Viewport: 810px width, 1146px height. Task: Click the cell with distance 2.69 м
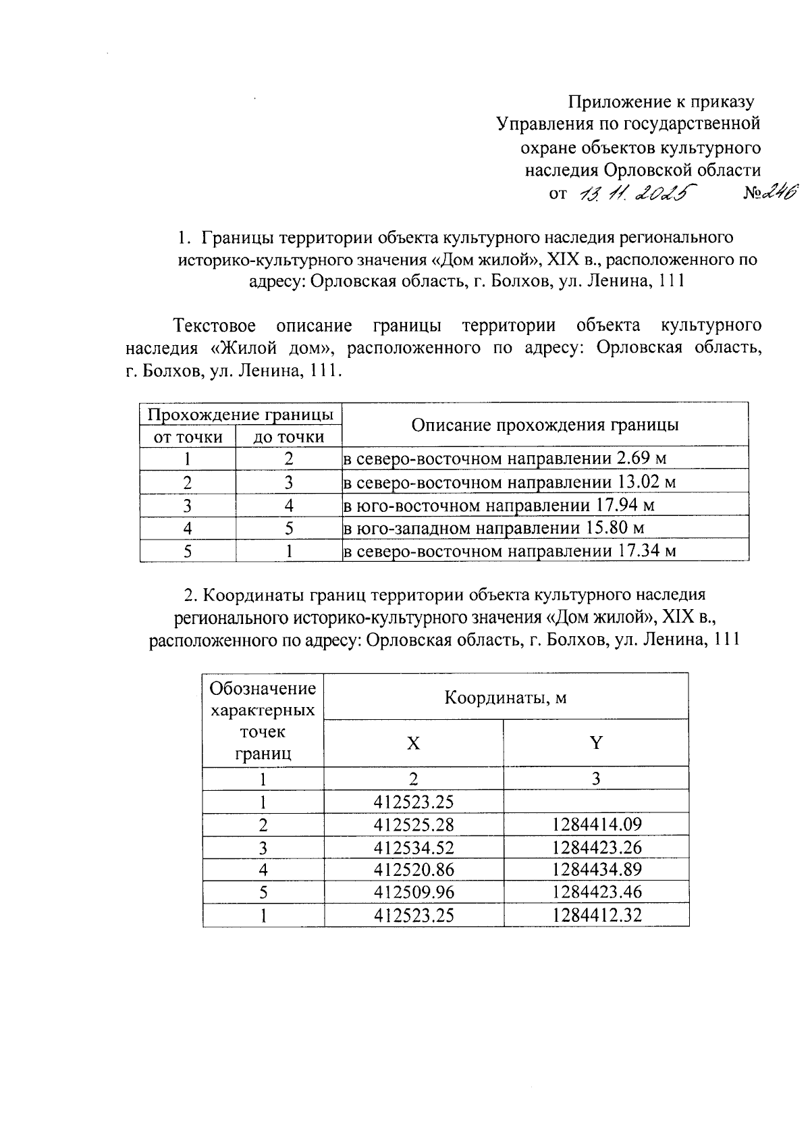coord(545,459)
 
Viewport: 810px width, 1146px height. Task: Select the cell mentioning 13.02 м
coord(545,482)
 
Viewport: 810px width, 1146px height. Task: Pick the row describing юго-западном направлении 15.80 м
coord(545,527)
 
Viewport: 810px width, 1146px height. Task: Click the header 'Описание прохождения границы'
coord(545,425)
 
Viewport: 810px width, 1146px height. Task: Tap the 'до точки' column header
coord(288,437)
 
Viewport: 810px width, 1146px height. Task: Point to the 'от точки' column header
coord(188,437)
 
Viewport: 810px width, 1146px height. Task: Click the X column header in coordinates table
coord(413,743)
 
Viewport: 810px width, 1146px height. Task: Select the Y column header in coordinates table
coord(596,743)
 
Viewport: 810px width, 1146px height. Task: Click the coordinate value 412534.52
coord(413,847)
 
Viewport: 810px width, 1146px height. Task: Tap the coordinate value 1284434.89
coord(596,869)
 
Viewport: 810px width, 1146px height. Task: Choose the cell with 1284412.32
coord(596,915)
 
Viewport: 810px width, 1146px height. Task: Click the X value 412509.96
coord(413,892)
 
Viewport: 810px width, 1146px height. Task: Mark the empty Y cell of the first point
coord(596,802)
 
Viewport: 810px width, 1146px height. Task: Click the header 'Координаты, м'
coord(506,697)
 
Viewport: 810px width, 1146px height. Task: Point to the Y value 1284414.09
coord(596,824)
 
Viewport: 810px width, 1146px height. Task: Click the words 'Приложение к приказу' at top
coord(660,102)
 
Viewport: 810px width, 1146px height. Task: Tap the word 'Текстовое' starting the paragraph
coord(215,325)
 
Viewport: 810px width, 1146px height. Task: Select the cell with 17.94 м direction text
coord(545,505)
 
